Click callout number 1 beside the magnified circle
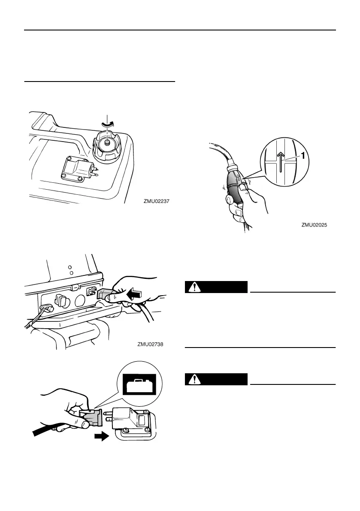[303, 157]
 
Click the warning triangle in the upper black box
[196, 287]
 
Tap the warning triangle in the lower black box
[196, 379]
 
